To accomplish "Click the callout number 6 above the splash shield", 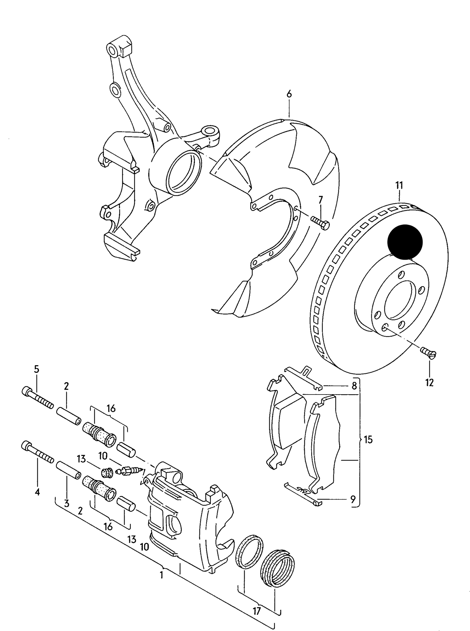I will click(289, 94).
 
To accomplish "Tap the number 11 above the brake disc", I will click(399, 186).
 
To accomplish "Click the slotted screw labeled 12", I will click(429, 353).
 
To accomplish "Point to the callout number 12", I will click(429, 383).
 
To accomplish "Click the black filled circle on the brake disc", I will click(405, 242).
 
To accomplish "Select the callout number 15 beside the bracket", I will click(368, 440).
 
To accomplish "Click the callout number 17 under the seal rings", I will click(257, 611).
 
